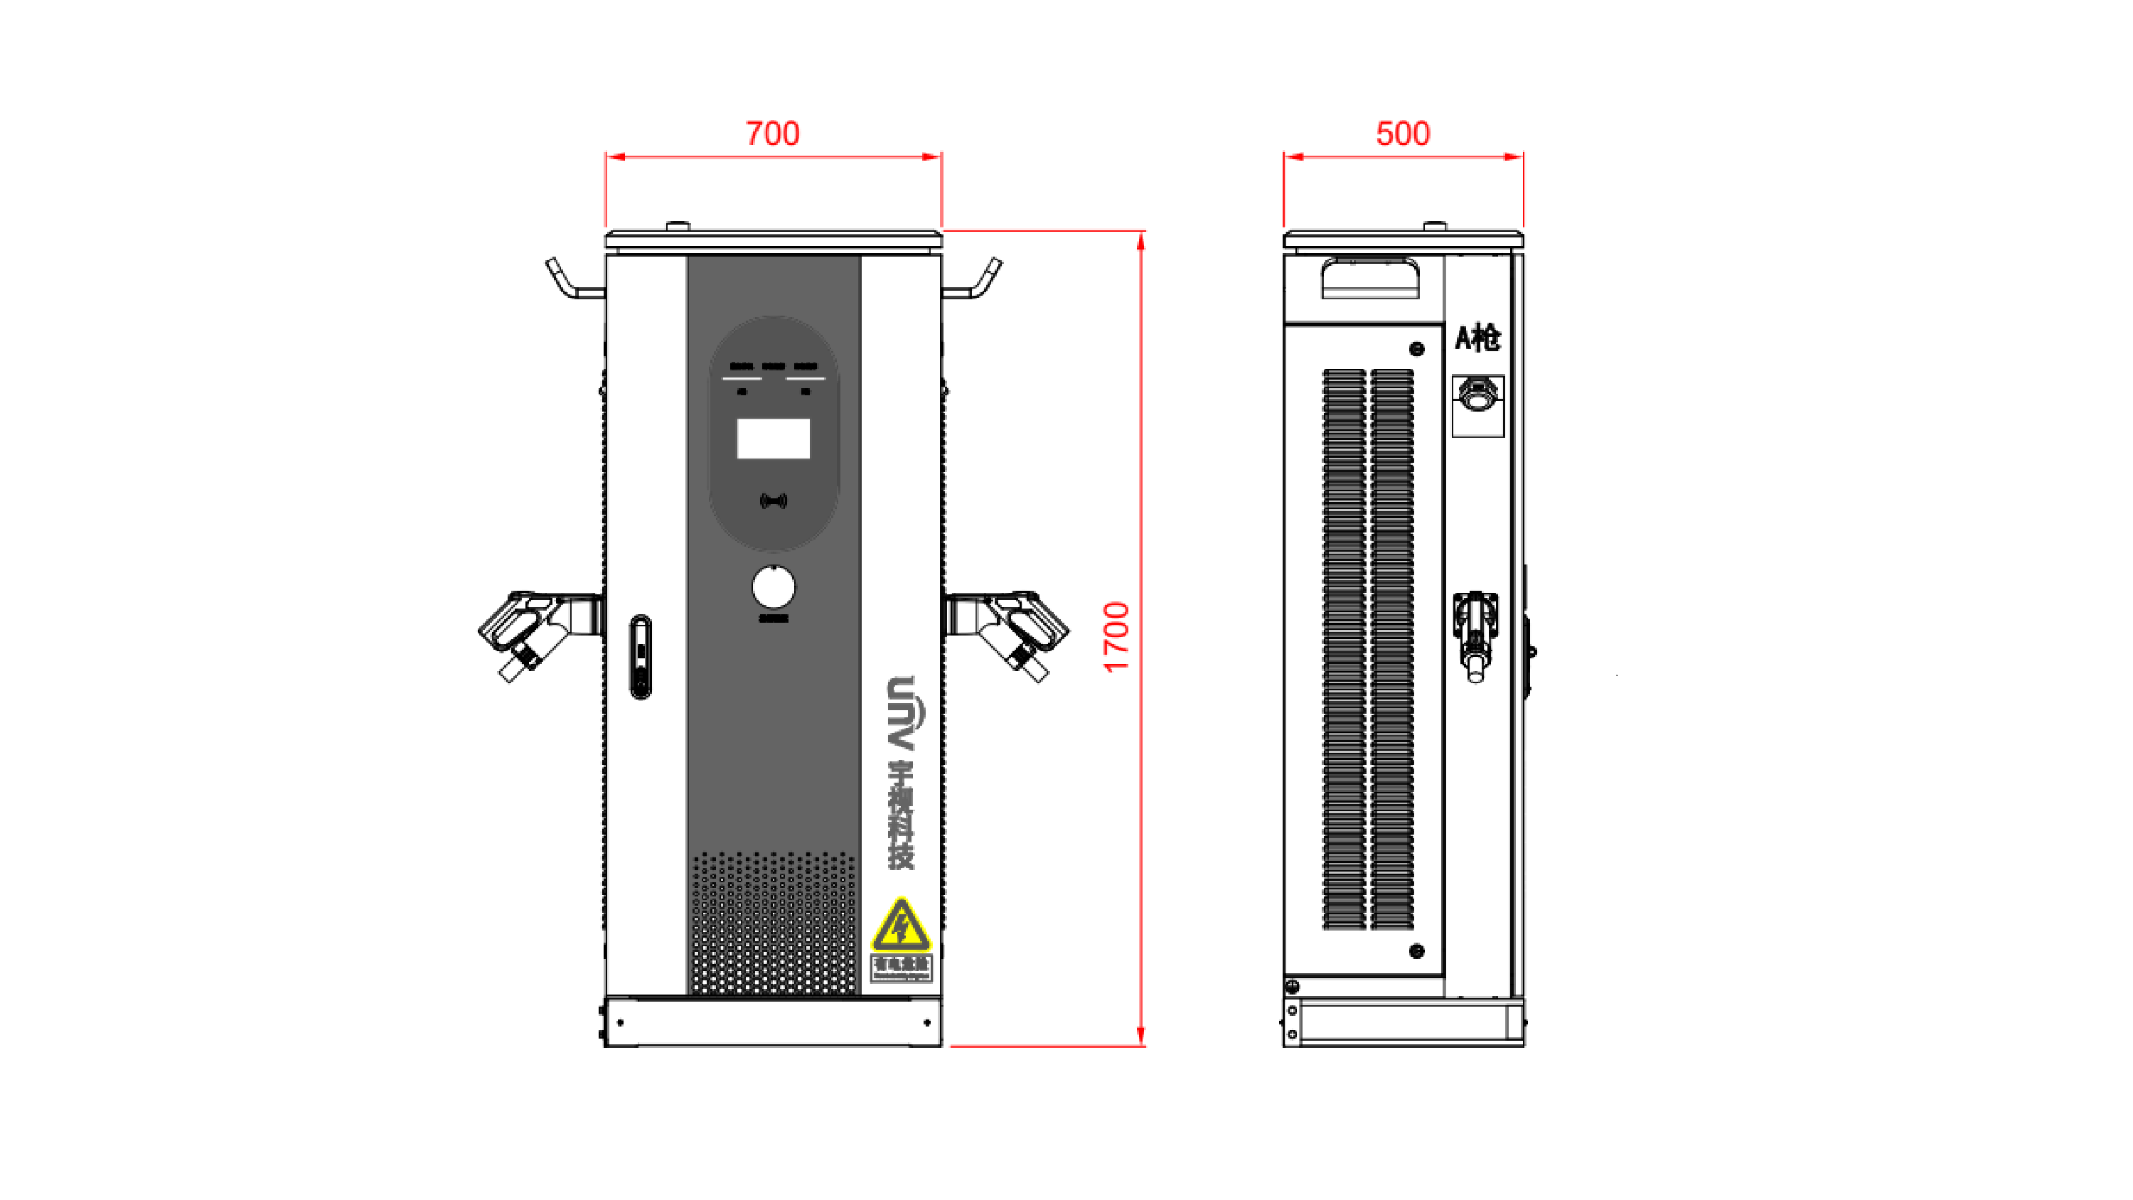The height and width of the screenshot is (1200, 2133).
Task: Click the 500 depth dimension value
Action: (1402, 134)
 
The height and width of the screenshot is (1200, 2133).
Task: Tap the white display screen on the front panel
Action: (773, 438)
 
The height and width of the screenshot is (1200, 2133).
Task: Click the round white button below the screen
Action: (773, 587)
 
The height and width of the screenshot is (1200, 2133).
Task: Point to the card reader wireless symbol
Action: (773, 500)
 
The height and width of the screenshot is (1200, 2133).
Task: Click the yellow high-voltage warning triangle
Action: (901, 926)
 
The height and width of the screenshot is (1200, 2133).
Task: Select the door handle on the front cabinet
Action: (640, 657)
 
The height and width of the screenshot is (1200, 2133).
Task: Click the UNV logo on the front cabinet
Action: (901, 713)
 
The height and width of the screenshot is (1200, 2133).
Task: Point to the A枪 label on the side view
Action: (1477, 338)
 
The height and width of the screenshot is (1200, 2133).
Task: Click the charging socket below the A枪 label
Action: (1477, 395)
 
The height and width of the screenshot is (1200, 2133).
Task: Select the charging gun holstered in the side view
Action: (1475, 633)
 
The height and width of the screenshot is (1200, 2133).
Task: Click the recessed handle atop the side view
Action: (1369, 277)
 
